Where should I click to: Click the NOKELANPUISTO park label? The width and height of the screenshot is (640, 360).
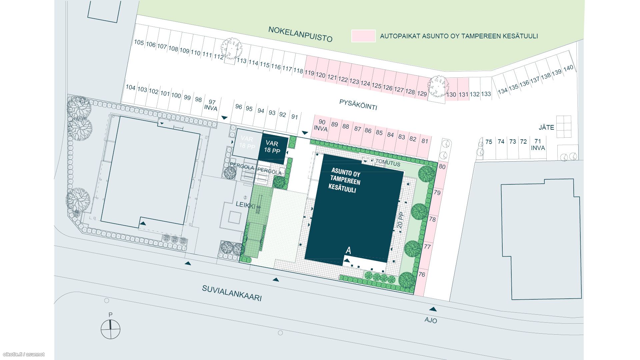click(300, 34)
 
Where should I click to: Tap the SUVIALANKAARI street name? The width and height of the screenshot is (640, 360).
click(232, 293)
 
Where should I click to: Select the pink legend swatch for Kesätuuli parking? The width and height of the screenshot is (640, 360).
click(363, 36)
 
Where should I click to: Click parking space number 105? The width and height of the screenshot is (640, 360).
click(139, 42)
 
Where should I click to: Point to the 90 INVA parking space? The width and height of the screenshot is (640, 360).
click(321, 125)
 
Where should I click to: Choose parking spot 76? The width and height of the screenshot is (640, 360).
click(422, 274)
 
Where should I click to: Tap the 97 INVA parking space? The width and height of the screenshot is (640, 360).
click(211, 105)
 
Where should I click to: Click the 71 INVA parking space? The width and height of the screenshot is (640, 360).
click(538, 145)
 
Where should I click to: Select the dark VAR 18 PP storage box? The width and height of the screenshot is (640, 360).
click(273, 147)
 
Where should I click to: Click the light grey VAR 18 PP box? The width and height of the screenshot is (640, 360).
click(246, 143)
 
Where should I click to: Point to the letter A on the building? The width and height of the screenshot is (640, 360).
click(349, 250)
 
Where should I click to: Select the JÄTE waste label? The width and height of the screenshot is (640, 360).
click(546, 127)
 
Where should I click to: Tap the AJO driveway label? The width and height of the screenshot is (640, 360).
click(431, 320)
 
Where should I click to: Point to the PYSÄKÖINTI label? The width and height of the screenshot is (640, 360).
click(358, 105)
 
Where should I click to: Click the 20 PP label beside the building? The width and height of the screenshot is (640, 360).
click(400, 220)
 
